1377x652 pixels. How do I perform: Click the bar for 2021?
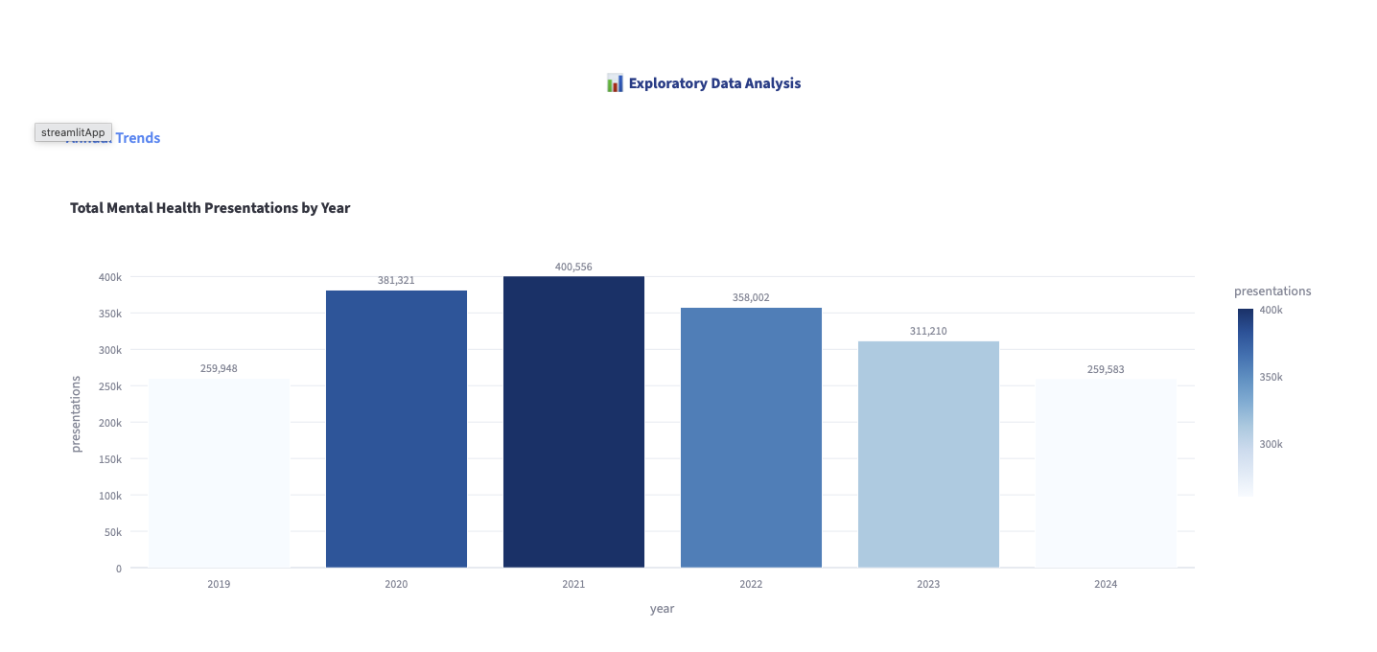[573, 422]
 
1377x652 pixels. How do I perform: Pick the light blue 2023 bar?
[928, 454]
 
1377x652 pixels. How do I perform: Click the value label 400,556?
[573, 267]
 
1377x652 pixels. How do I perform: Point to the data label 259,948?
[219, 368]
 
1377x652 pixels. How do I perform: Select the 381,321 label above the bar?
[396, 280]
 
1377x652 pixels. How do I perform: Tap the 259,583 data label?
[1106, 368]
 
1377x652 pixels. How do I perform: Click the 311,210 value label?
[928, 331]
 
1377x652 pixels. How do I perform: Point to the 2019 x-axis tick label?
[219, 584]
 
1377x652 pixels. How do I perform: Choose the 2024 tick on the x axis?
[1106, 584]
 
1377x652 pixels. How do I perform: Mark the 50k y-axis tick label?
[112, 532]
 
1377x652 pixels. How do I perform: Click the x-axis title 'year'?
[662, 609]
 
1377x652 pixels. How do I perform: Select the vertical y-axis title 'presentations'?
[77, 413]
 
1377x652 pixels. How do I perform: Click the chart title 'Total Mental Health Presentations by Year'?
[210, 208]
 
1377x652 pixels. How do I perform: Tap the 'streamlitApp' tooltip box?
[73, 132]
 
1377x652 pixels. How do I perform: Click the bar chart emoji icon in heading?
[615, 83]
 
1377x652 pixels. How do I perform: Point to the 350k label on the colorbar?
[1271, 377]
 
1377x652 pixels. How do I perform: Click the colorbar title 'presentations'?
[1272, 291]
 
